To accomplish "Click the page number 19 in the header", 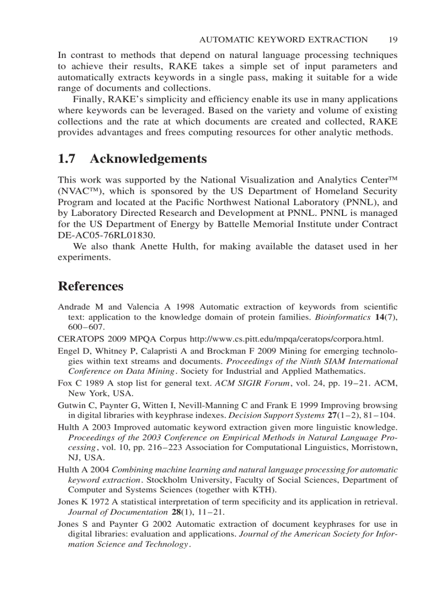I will click(392, 40).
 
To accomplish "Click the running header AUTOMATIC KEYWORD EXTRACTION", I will click(283, 40).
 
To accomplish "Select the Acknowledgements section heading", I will click(148, 159).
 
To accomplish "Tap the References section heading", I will click(91, 286).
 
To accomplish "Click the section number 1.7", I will click(66, 159).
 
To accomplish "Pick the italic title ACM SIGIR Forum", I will click(245, 383).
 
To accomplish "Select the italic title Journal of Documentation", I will click(118, 512).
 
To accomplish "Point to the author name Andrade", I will click(72, 307).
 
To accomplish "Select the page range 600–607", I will click(86, 327).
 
